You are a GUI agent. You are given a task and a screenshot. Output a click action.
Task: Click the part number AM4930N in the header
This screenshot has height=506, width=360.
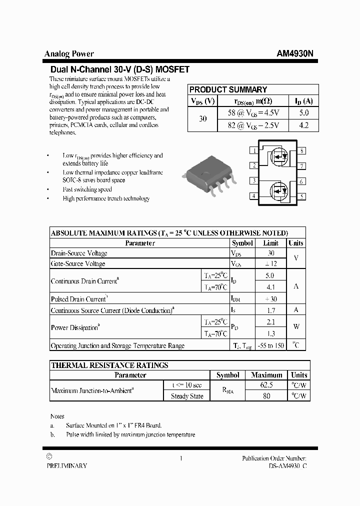295,54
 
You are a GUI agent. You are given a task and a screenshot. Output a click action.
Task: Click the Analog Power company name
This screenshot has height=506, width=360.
69,54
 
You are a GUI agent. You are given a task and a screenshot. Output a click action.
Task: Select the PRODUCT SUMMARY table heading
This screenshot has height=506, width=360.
228,89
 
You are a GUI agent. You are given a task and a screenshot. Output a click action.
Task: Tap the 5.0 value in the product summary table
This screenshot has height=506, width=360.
303,113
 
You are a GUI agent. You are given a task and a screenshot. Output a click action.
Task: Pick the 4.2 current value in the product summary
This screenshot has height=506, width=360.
303,125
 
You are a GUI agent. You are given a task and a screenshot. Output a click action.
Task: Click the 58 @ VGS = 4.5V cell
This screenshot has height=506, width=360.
253,113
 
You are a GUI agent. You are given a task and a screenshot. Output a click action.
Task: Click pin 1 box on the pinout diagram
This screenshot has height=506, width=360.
254,150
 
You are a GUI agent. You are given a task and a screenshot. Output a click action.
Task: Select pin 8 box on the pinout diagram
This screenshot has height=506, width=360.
302,150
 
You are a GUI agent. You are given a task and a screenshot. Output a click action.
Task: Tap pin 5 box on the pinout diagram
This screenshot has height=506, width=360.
302,196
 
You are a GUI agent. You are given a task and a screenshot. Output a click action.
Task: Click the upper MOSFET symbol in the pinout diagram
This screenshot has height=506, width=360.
278,157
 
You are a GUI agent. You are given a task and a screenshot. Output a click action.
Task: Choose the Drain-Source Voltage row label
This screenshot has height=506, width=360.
79,253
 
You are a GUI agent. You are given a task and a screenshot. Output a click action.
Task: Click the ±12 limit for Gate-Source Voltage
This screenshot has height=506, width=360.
270,263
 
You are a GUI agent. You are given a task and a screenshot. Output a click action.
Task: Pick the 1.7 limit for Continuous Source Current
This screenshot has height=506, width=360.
270,310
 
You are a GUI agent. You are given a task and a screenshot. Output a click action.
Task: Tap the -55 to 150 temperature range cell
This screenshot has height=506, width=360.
270,345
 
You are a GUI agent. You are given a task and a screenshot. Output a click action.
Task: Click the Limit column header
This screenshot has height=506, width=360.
270,243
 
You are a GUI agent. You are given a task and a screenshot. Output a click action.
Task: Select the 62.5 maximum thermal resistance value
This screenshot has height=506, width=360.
266,385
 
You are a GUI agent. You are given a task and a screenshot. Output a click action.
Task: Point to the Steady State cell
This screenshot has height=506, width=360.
187,396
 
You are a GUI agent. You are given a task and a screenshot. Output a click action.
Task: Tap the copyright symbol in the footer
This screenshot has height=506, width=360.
48,456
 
